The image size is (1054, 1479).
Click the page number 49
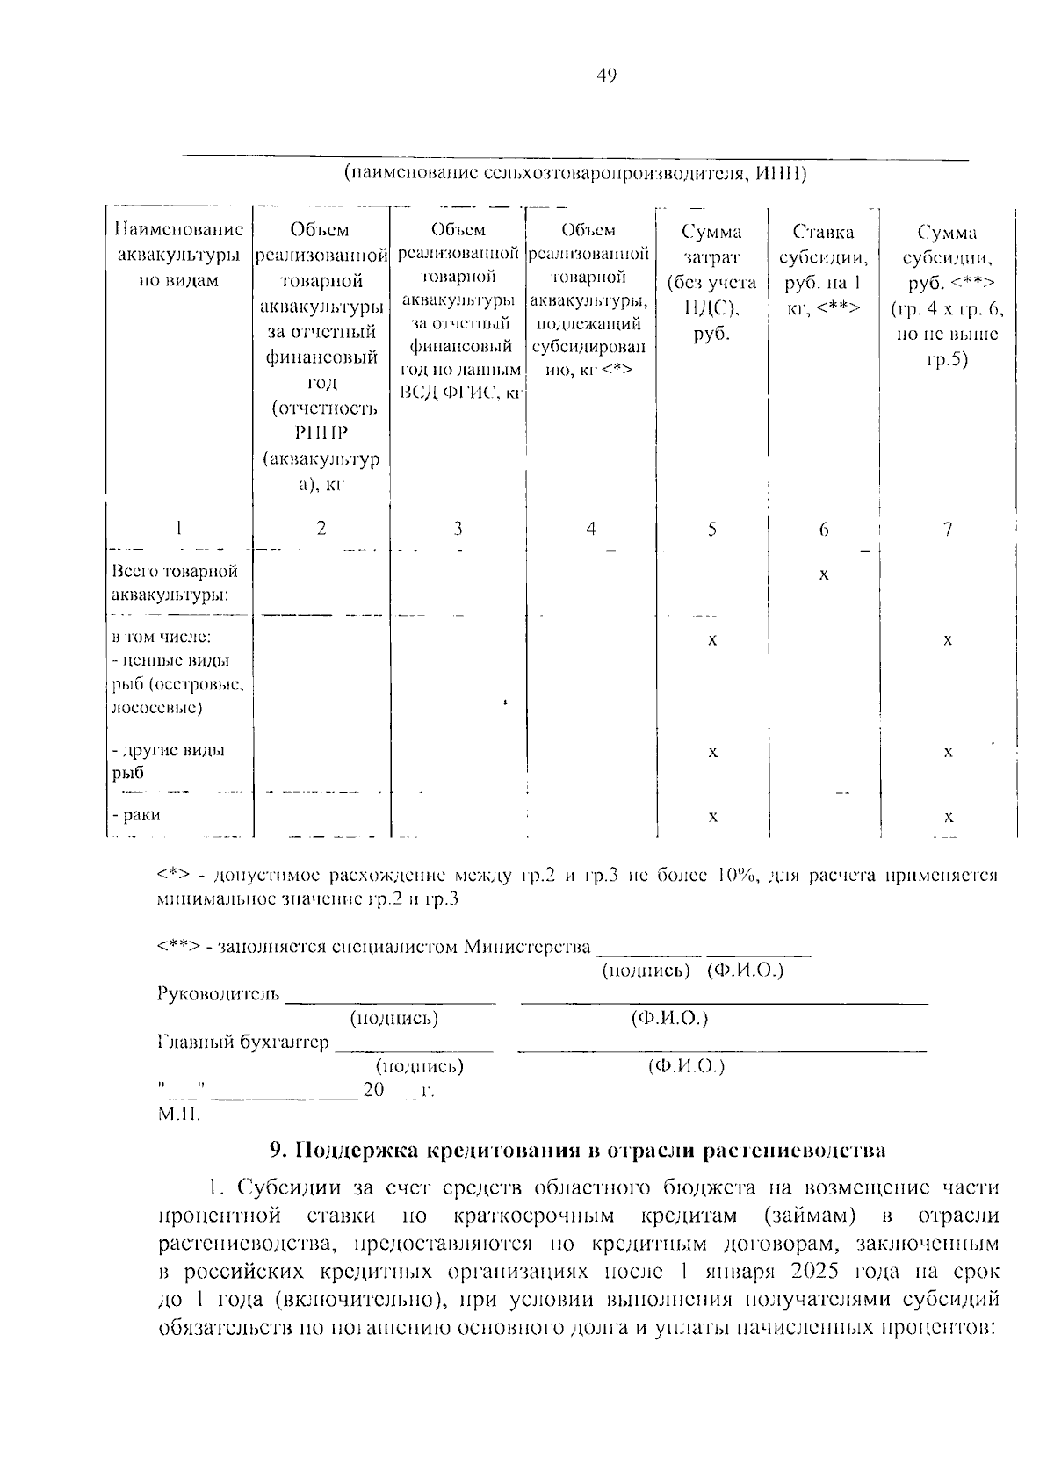coord(607,76)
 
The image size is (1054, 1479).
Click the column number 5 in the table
coord(711,529)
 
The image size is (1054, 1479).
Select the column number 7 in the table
coord(947,529)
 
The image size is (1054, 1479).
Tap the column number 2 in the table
coord(321,528)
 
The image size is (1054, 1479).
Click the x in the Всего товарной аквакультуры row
coord(823,575)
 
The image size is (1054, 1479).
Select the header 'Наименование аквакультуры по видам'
coord(178,255)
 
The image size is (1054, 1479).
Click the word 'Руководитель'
coord(219,993)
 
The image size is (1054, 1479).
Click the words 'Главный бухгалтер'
coord(243,1042)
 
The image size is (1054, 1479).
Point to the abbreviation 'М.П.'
coord(179,1115)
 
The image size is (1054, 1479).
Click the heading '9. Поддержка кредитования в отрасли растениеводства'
coord(577,1150)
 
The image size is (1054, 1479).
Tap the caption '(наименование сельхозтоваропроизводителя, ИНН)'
coord(574,172)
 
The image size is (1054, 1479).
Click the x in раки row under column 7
coord(948,817)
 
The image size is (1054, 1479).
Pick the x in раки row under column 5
coord(712,817)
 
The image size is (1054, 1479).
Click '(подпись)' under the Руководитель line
coord(393,1018)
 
